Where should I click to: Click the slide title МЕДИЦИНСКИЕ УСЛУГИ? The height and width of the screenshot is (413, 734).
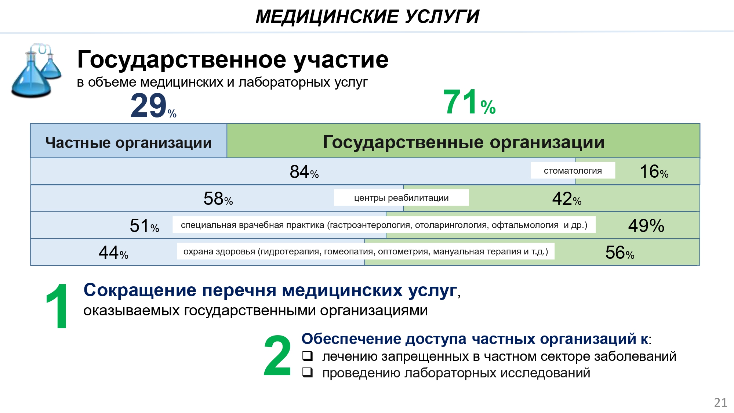367,17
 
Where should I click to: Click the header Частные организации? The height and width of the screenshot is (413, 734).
128,143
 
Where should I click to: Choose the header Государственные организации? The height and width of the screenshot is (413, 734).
464,142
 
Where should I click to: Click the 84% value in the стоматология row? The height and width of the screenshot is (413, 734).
304,172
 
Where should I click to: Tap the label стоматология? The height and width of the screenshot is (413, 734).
573,171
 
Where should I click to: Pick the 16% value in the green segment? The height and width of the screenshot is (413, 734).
654,171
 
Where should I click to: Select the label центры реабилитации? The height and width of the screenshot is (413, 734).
401,198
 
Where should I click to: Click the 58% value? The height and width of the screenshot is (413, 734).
218,199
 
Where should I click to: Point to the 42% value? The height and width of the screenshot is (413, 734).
567,199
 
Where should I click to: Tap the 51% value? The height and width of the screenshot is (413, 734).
145,225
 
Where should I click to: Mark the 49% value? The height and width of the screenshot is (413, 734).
646,225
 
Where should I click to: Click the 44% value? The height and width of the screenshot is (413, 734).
113,253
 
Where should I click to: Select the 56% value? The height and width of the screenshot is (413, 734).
620,253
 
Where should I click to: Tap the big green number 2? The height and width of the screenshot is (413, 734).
277,355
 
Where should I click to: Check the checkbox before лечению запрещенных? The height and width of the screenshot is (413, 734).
308,356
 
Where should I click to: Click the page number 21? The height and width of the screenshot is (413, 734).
721,402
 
